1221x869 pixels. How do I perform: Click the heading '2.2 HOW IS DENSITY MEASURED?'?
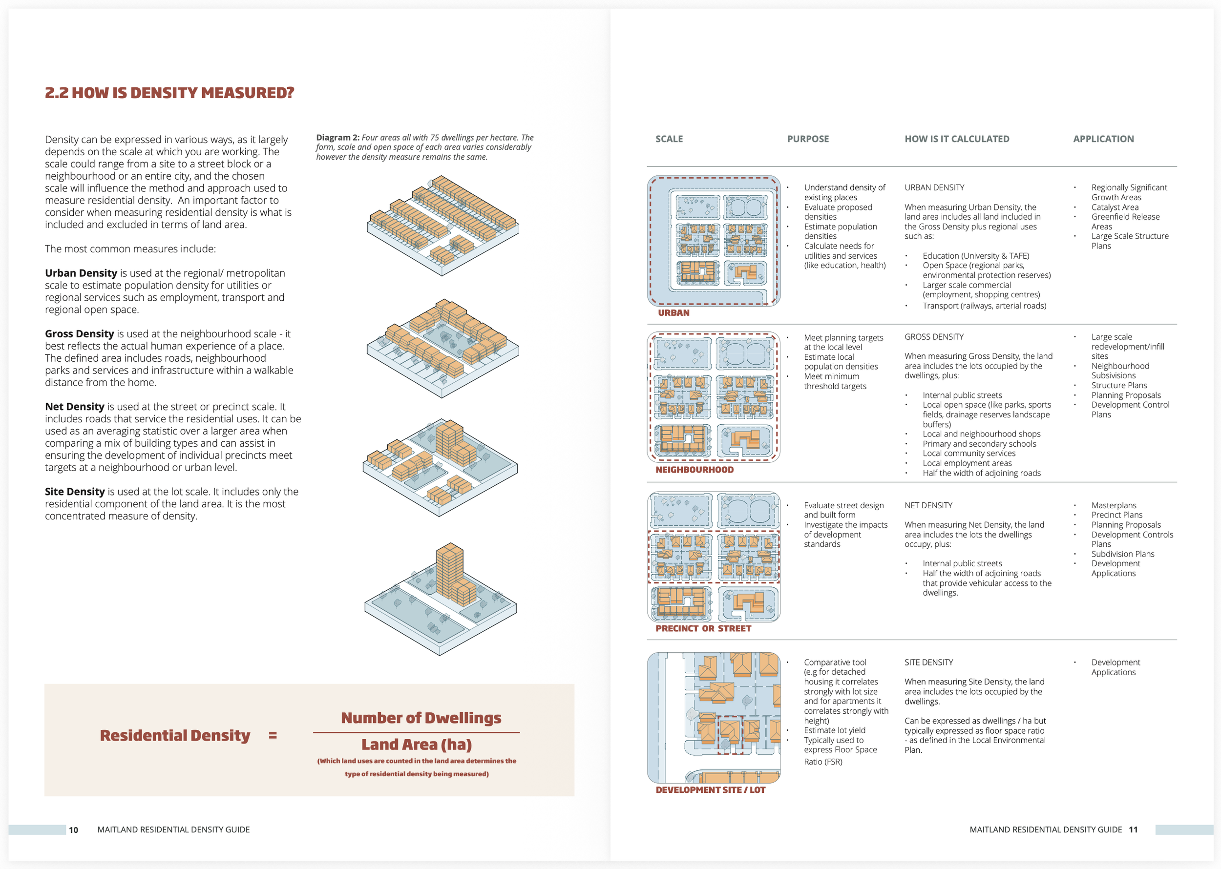tap(169, 93)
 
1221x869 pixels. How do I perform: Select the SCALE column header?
tap(669, 139)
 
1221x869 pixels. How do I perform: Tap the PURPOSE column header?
tap(807, 139)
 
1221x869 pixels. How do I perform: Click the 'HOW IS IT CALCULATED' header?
tap(957, 139)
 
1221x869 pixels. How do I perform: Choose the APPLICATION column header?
tap(1103, 139)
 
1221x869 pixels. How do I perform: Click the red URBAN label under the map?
tap(673, 312)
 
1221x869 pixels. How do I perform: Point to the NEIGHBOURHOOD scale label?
tap(695, 470)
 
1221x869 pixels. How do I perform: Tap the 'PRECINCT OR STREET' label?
tap(703, 628)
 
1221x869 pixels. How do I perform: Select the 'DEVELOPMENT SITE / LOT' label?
tap(710, 790)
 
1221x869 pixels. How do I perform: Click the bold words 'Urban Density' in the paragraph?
tap(81, 273)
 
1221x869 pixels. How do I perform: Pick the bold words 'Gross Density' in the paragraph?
tap(79, 334)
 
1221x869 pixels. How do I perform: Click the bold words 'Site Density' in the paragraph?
tap(75, 492)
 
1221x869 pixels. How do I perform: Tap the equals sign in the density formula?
tap(273, 735)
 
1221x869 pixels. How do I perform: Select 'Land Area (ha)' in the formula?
tap(417, 745)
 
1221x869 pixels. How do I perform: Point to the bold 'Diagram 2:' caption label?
tap(337, 138)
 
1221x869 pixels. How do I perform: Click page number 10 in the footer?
tap(73, 830)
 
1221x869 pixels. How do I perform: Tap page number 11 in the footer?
tap(1133, 829)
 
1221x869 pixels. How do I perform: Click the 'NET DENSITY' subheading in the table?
tap(928, 505)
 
